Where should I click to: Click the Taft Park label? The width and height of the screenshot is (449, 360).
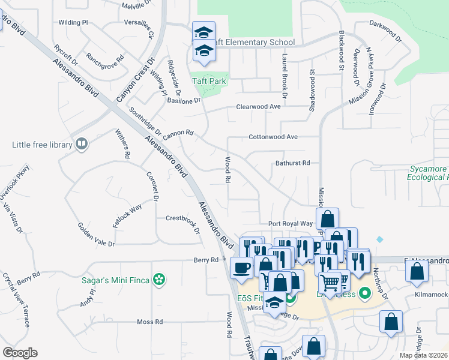(209, 81)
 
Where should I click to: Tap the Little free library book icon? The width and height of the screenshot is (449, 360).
(80, 144)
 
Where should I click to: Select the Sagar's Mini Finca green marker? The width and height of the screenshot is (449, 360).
(159, 279)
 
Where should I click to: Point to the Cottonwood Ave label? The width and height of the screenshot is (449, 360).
(273, 137)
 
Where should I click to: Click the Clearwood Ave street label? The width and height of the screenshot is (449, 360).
(258, 107)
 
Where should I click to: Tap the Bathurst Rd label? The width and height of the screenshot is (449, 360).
(292, 163)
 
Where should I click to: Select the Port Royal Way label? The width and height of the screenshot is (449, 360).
(291, 223)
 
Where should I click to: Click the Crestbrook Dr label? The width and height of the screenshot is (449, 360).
(182, 218)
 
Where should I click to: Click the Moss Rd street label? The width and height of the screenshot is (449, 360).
(150, 322)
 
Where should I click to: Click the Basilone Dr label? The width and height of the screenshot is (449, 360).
(183, 101)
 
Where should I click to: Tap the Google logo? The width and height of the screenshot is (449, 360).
(20, 353)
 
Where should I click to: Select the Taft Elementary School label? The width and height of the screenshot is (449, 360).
(255, 42)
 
